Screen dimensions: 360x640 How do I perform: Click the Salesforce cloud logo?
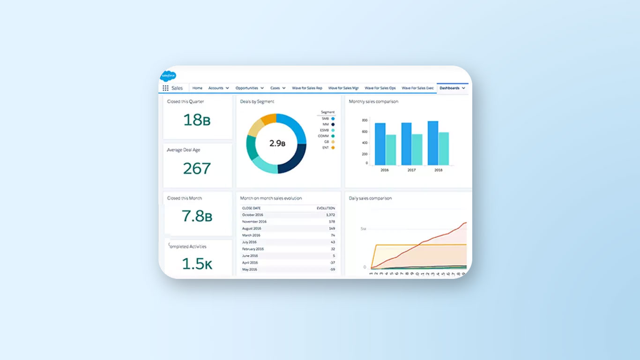pyautogui.click(x=168, y=75)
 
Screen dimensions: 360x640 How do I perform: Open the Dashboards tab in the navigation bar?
pyautogui.click(x=450, y=88)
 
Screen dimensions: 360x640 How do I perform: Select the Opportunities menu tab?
pyautogui.click(x=247, y=88)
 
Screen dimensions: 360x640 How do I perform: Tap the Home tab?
pyautogui.click(x=197, y=88)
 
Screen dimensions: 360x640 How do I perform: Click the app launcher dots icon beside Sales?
pyautogui.click(x=165, y=88)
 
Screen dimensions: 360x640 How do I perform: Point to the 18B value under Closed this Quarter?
pyautogui.click(x=197, y=120)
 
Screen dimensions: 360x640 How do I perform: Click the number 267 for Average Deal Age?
pyautogui.click(x=197, y=168)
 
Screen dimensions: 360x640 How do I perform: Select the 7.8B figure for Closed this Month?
pyautogui.click(x=197, y=216)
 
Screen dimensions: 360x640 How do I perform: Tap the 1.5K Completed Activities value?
pyautogui.click(x=197, y=264)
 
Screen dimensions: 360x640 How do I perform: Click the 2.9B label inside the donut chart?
pyautogui.click(x=277, y=143)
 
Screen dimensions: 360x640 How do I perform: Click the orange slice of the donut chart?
pyautogui.click(x=268, y=120)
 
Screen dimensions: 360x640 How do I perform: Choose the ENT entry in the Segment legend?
pyautogui.click(x=328, y=148)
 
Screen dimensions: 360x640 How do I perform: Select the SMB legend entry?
pyautogui.click(x=328, y=119)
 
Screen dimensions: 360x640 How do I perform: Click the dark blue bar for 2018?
pyautogui.click(x=433, y=143)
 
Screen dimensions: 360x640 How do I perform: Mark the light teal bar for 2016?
pyautogui.click(x=391, y=150)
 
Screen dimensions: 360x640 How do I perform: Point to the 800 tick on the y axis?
pyautogui.click(x=364, y=120)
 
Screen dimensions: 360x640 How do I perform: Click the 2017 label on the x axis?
pyautogui.click(x=411, y=170)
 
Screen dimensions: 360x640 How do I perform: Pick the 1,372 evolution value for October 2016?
pyautogui.click(x=330, y=215)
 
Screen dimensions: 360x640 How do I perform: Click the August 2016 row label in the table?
pyautogui.click(x=252, y=228)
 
